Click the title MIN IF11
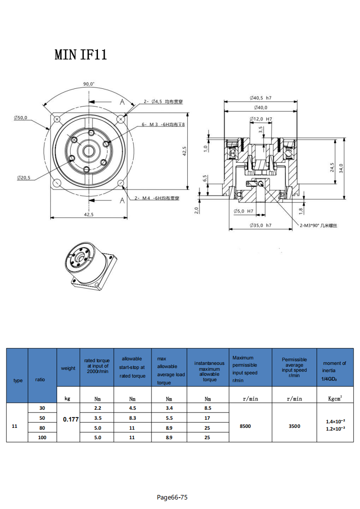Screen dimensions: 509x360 coord(81,55)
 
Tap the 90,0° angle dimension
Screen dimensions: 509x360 coord(89,84)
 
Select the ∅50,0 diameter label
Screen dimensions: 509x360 coord(20,117)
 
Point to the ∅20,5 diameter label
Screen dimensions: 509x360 coord(24,178)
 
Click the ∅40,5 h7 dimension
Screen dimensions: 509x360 coord(260,98)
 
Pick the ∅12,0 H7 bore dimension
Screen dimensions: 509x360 coord(261,119)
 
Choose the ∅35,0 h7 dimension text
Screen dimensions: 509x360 coord(260,225)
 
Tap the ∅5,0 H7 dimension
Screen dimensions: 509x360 coord(243,211)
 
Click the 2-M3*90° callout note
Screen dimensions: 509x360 coord(318,225)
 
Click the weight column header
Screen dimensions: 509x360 coord(68,368)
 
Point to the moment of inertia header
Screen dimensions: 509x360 coord(335,370)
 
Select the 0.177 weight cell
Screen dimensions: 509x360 coord(71,419)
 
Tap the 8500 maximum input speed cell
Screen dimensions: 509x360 coord(245,426)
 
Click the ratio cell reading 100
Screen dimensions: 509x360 coord(42,437)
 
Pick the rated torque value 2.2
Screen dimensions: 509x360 coord(97,408)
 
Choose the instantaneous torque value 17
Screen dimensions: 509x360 coord(207,418)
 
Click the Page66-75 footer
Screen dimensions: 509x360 coord(172,497)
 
